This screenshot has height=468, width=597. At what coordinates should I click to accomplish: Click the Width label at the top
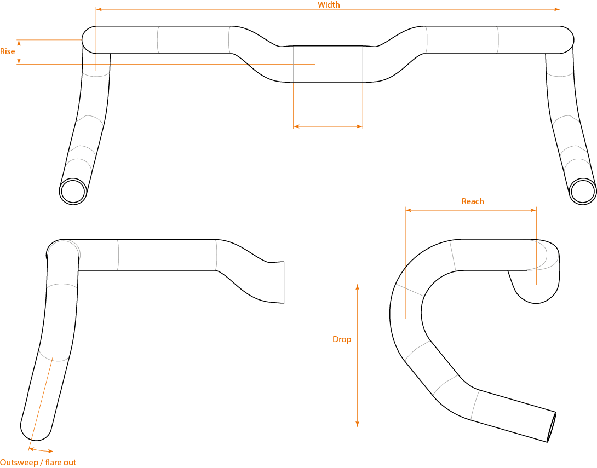[329, 4]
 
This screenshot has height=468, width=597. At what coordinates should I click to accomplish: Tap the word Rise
[7, 51]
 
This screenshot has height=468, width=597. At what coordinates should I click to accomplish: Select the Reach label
[473, 201]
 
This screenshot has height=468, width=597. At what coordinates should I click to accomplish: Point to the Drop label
[342, 339]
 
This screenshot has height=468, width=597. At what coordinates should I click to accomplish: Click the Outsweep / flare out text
[38, 463]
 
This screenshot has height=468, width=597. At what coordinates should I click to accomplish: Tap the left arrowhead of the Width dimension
[99, 9]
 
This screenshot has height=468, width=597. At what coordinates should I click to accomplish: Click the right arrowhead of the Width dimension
[557, 9]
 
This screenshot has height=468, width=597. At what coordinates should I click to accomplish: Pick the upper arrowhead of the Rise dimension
[19, 42]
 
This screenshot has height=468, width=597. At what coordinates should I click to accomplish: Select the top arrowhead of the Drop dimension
[357, 286]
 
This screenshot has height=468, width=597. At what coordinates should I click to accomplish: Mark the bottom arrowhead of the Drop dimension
[357, 424]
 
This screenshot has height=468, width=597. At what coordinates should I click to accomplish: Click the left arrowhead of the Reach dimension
[409, 210]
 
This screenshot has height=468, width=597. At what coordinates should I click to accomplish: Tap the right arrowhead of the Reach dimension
[533, 210]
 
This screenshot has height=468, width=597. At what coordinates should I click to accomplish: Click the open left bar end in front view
[73, 192]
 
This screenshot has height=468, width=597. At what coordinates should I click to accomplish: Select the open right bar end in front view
[583, 192]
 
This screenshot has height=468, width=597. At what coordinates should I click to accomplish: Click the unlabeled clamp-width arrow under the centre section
[328, 126]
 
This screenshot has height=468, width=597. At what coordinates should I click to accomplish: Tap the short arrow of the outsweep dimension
[41, 450]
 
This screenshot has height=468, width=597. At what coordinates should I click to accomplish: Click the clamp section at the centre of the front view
[328, 64]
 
